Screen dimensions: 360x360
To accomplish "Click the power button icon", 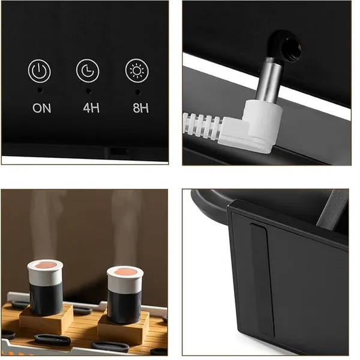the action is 39,71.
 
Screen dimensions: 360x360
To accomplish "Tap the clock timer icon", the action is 88,70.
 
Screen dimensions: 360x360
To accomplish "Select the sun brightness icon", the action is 137,70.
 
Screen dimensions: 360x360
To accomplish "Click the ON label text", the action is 41,108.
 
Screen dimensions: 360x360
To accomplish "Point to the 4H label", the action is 91,107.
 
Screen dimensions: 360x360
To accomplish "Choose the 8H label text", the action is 141,108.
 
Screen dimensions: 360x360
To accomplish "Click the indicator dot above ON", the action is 40,91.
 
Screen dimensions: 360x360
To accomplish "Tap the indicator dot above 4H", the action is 88,91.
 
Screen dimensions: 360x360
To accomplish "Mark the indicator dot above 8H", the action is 138,92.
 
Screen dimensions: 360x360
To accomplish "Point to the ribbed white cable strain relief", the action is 202,126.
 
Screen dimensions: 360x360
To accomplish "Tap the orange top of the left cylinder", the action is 46,265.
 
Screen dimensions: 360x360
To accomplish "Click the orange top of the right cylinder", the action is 125,272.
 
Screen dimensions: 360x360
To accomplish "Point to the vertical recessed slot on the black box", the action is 262,280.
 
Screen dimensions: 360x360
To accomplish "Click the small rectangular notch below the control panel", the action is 118,151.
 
